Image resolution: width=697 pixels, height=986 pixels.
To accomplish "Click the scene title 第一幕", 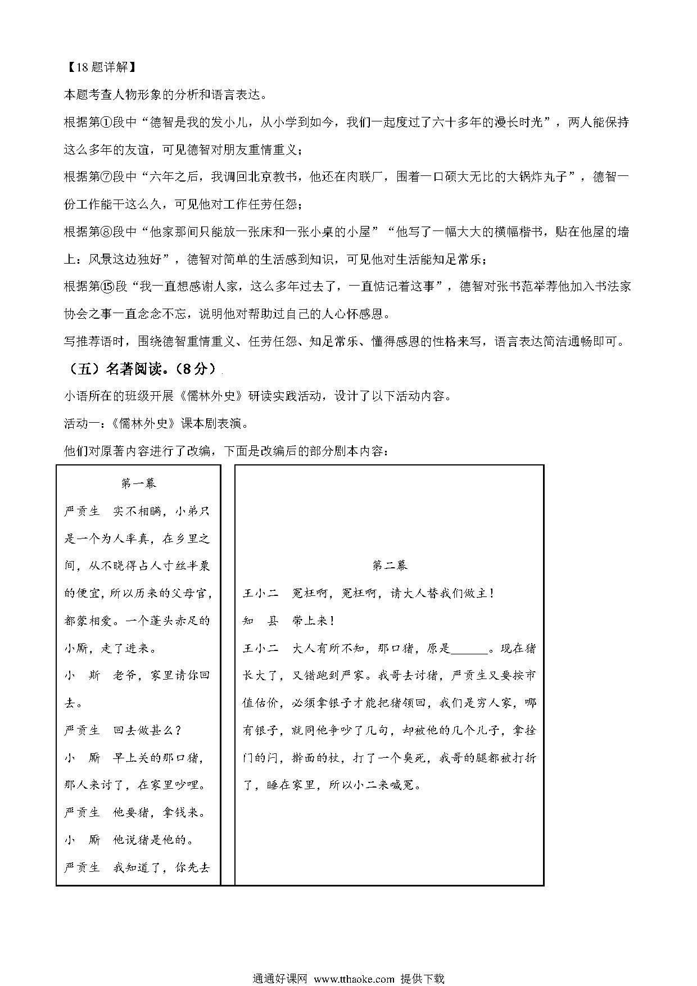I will [x=138, y=483].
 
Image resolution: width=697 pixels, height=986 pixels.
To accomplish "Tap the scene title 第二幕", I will [x=390, y=566].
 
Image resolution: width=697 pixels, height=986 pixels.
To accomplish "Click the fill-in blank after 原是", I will [x=470, y=648].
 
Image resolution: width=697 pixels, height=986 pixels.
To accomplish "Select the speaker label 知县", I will [x=260, y=621].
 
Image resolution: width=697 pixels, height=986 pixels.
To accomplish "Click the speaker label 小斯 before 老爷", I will [x=82, y=675].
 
